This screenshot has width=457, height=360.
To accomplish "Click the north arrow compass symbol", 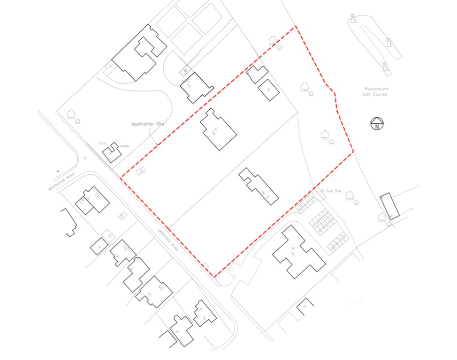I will pos(377,124).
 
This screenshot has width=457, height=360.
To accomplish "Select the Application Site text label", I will pos(148,124).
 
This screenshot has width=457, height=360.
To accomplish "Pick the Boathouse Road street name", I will pos(61,182).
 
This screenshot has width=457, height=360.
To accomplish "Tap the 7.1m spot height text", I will pos(103,142).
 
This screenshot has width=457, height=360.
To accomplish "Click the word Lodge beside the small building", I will pos(124,146).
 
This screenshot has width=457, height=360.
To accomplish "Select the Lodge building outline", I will pos(112,153).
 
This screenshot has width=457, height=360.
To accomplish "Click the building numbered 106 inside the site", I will pos(218,129).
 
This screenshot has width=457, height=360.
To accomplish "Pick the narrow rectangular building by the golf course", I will pos(389,206).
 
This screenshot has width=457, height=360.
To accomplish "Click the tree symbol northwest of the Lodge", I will pos(71,114).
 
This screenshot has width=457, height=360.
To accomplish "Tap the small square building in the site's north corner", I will pos(269,90).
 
